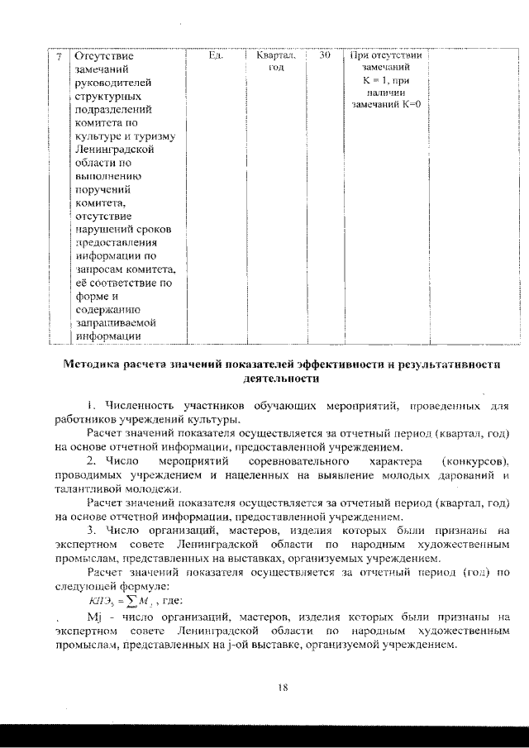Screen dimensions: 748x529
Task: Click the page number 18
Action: (283, 687)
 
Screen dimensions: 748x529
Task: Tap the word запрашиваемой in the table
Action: (112, 322)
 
